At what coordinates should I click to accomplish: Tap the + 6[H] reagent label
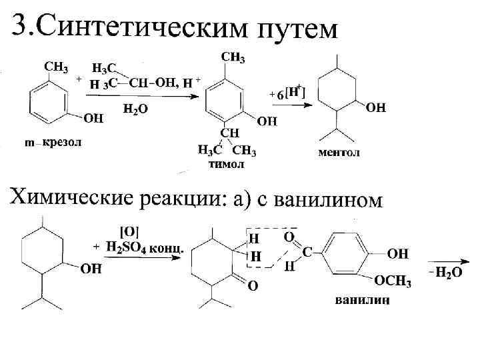pyautogui.click(x=287, y=93)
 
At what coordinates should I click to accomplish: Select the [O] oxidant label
pyautogui.click(x=129, y=231)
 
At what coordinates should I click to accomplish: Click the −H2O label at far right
pyautogui.click(x=444, y=274)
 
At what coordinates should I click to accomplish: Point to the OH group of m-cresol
pyautogui.click(x=93, y=119)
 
